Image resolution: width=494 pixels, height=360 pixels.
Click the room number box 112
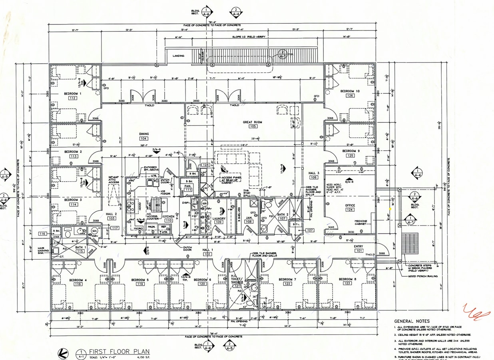pyautogui.click(x=72, y=98)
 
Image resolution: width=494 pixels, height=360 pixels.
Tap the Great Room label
pyautogui.click(x=252, y=122)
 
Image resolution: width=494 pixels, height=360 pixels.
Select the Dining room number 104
pyautogui.click(x=144, y=138)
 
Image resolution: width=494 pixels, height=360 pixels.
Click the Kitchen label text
pyautogui.click(x=168, y=216)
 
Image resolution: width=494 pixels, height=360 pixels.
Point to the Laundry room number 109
pyautogui.click(x=219, y=222)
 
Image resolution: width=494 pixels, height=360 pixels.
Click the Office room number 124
pyautogui.click(x=350, y=210)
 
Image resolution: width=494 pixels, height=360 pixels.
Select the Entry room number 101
pyautogui.click(x=359, y=251)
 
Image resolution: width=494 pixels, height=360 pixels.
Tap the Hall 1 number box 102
pyautogui.click(x=207, y=254)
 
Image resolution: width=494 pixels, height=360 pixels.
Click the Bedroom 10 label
pyautogui.click(x=350, y=91)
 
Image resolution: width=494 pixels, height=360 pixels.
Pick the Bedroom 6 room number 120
pyautogui.click(x=202, y=284)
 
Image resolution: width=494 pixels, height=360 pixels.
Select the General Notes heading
pyautogui.click(x=412, y=321)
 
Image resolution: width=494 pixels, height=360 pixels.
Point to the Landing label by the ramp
pyautogui.click(x=178, y=56)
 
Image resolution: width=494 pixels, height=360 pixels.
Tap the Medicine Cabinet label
pyautogui.click(x=361, y=222)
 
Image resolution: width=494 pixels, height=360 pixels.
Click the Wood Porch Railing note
pyautogui.click(x=422, y=276)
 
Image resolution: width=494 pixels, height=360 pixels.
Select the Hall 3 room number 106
pyautogui.click(x=313, y=177)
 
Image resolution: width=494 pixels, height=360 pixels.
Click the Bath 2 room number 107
pyautogui.click(x=283, y=218)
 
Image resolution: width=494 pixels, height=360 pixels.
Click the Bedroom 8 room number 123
pyautogui.click(x=347, y=283)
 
